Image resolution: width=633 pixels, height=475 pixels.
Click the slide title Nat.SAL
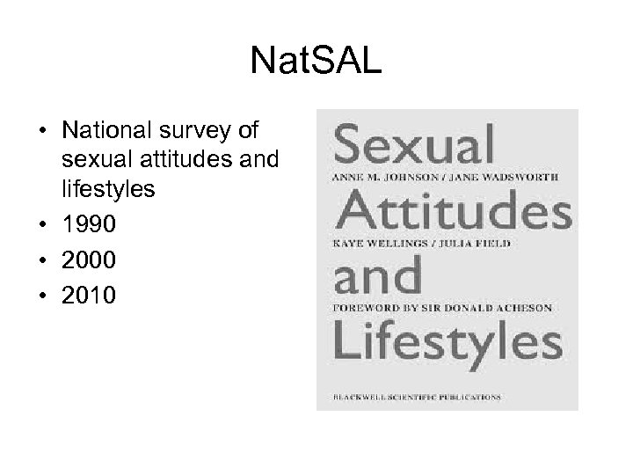[316, 61]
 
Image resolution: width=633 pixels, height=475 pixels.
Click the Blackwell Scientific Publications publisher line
[416, 398]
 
